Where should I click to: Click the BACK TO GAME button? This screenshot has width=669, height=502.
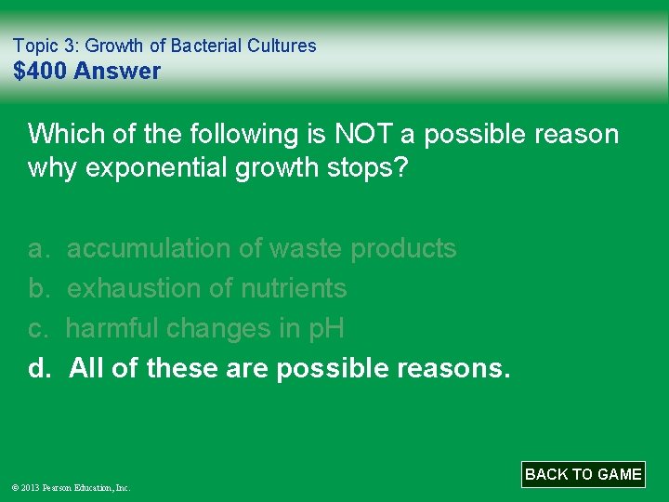point(583,474)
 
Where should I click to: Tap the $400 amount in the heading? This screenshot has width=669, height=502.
point(40,71)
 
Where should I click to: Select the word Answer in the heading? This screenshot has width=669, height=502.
point(117,71)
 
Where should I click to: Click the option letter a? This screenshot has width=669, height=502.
point(38,249)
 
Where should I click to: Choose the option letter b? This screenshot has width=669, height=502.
point(38,289)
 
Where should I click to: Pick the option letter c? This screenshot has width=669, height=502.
point(38,329)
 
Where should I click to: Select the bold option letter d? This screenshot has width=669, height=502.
point(39,369)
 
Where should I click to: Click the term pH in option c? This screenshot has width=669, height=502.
point(326,329)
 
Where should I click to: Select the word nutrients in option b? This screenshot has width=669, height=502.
point(294,289)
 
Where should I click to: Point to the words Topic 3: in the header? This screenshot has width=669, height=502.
point(47,46)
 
